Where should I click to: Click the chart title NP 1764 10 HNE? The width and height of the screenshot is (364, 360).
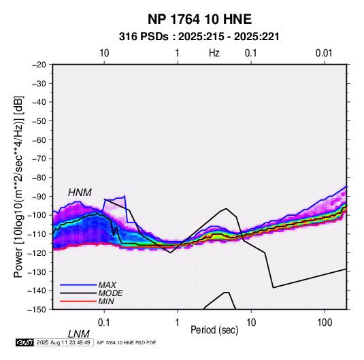click(x=199, y=19)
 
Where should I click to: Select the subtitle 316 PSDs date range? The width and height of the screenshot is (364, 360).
click(x=199, y=37)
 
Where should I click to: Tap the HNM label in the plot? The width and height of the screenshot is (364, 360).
click(x=80, y=193)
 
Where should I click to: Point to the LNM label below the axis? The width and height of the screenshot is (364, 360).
click(x=79, y=334)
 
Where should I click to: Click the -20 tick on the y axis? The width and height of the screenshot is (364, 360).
click(x=39, y=65)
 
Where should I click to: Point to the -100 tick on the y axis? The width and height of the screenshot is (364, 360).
click(x=37, y=215)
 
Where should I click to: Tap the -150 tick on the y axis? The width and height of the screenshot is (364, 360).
click(x=37, y=310)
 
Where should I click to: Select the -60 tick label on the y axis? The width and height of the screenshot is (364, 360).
click(x=39, y=140)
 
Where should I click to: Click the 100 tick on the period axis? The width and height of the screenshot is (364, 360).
click(x=325, y=323)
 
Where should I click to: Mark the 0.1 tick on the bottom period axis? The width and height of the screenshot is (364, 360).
click(x=104, y=323)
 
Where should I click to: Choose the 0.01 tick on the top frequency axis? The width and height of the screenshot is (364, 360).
click(x=324, y=53)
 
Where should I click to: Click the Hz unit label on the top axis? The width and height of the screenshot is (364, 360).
click(x=214, y=53)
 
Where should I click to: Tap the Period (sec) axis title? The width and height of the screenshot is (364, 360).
click(x=214, y=330)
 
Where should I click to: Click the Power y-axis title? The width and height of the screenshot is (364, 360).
click(x=18, y=186)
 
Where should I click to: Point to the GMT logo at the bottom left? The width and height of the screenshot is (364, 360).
click(x=25, y=342)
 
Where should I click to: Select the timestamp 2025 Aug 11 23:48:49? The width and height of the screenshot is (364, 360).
click(x=63, y=342)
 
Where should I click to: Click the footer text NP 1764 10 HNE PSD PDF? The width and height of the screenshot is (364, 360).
click(x=127, y=342)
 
